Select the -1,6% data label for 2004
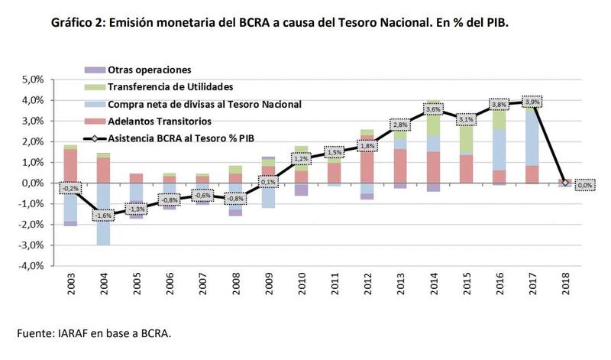click(x=102, y=216)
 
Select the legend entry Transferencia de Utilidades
click(x=170, y=86)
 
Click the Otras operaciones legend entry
click(x=150, y=70)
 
